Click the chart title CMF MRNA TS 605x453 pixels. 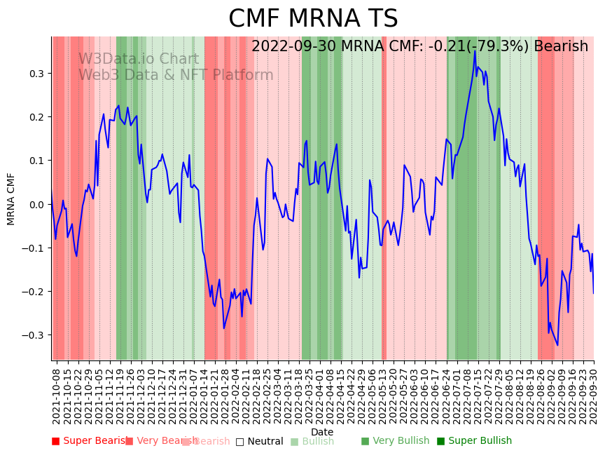tap(313, 19)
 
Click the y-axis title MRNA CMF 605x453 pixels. tap(11, 198)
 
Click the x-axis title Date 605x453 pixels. tap(322, 432)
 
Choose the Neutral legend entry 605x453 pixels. tap(260, 441)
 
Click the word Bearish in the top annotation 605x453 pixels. tap(561, 47)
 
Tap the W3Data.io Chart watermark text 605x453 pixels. tap(138, 59)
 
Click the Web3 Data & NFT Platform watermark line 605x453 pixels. tap(175, 75)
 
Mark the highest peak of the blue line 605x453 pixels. tap(475, 50)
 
